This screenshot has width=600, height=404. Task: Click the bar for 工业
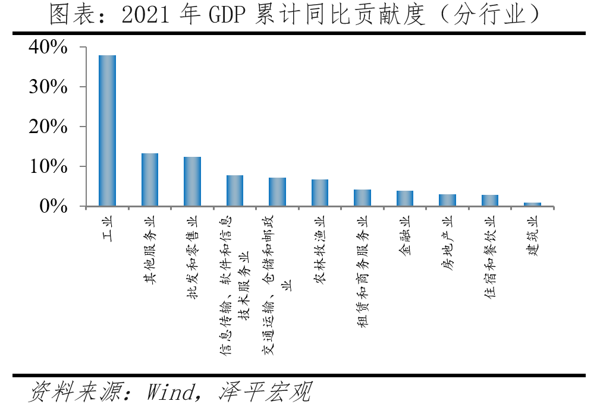click(x=107, y=131)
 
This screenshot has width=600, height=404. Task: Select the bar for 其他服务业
click(x=149, y=180)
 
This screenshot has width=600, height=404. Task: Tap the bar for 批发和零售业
click(x=192, y=182)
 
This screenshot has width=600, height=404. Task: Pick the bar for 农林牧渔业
click(x=320, y=193)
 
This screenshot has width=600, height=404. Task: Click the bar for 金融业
click(x=405, y=198)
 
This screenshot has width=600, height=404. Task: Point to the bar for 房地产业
click(x=447, y=200)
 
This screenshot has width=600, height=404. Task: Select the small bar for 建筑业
click(x=532, y=204)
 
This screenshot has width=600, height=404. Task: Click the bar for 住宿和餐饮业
click(x=490, y=201)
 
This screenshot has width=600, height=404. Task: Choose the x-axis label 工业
click(x=108, y=229)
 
